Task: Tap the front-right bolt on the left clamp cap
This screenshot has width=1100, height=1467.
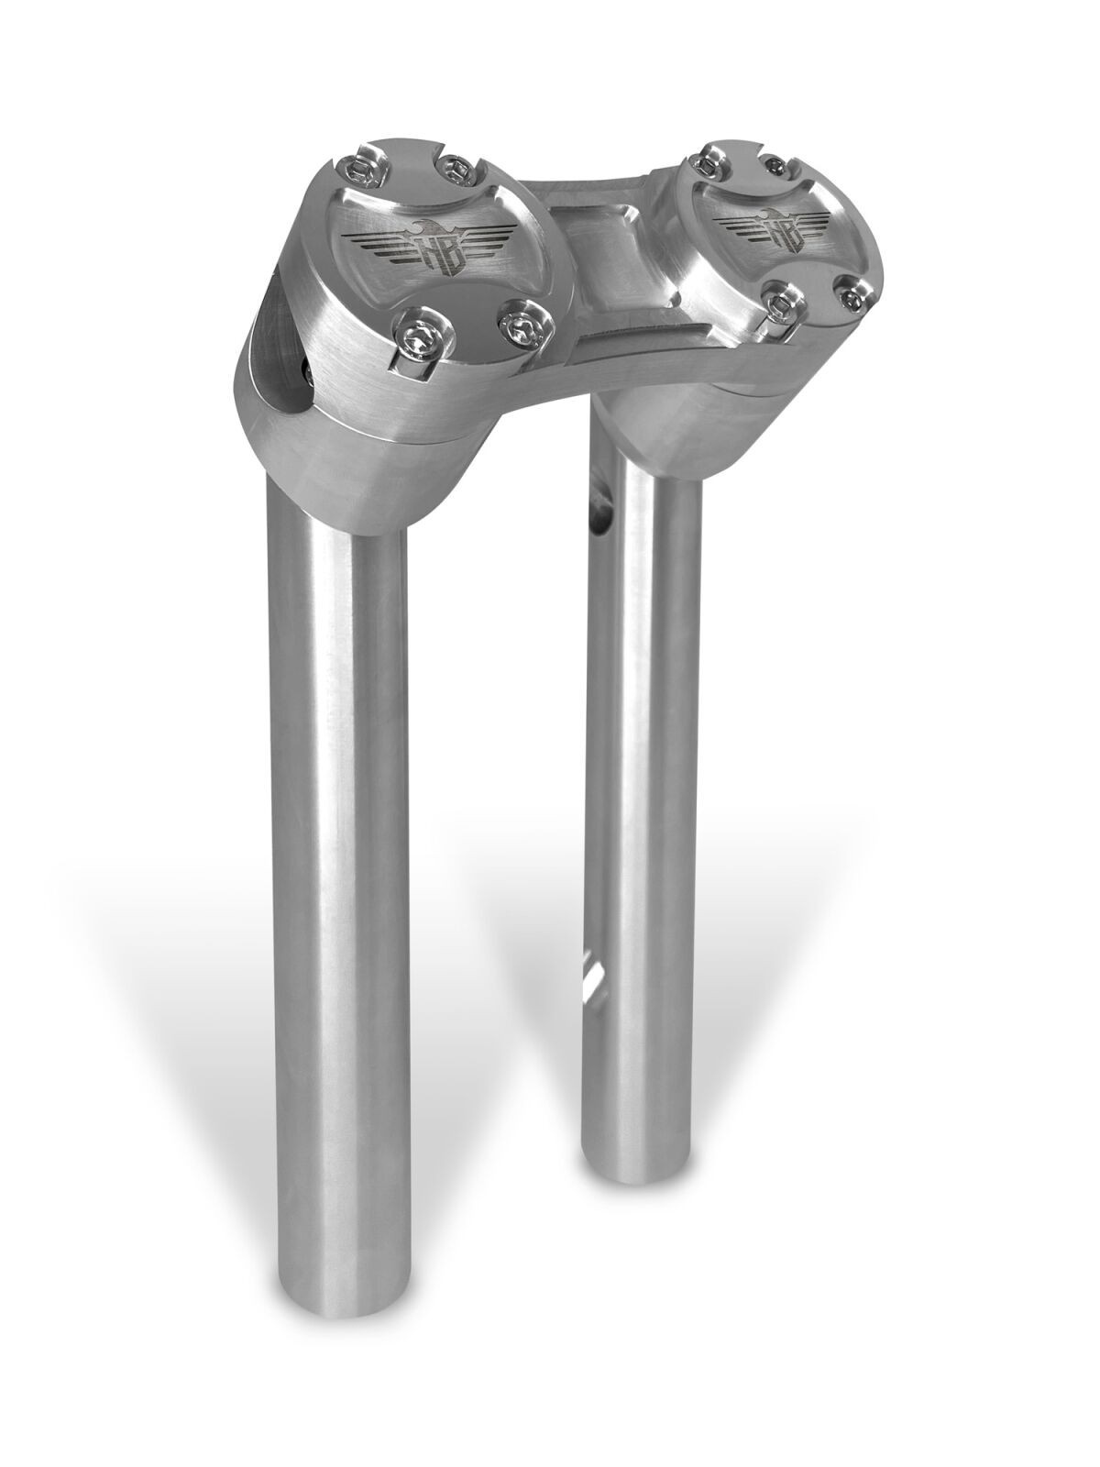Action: [523, 325]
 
